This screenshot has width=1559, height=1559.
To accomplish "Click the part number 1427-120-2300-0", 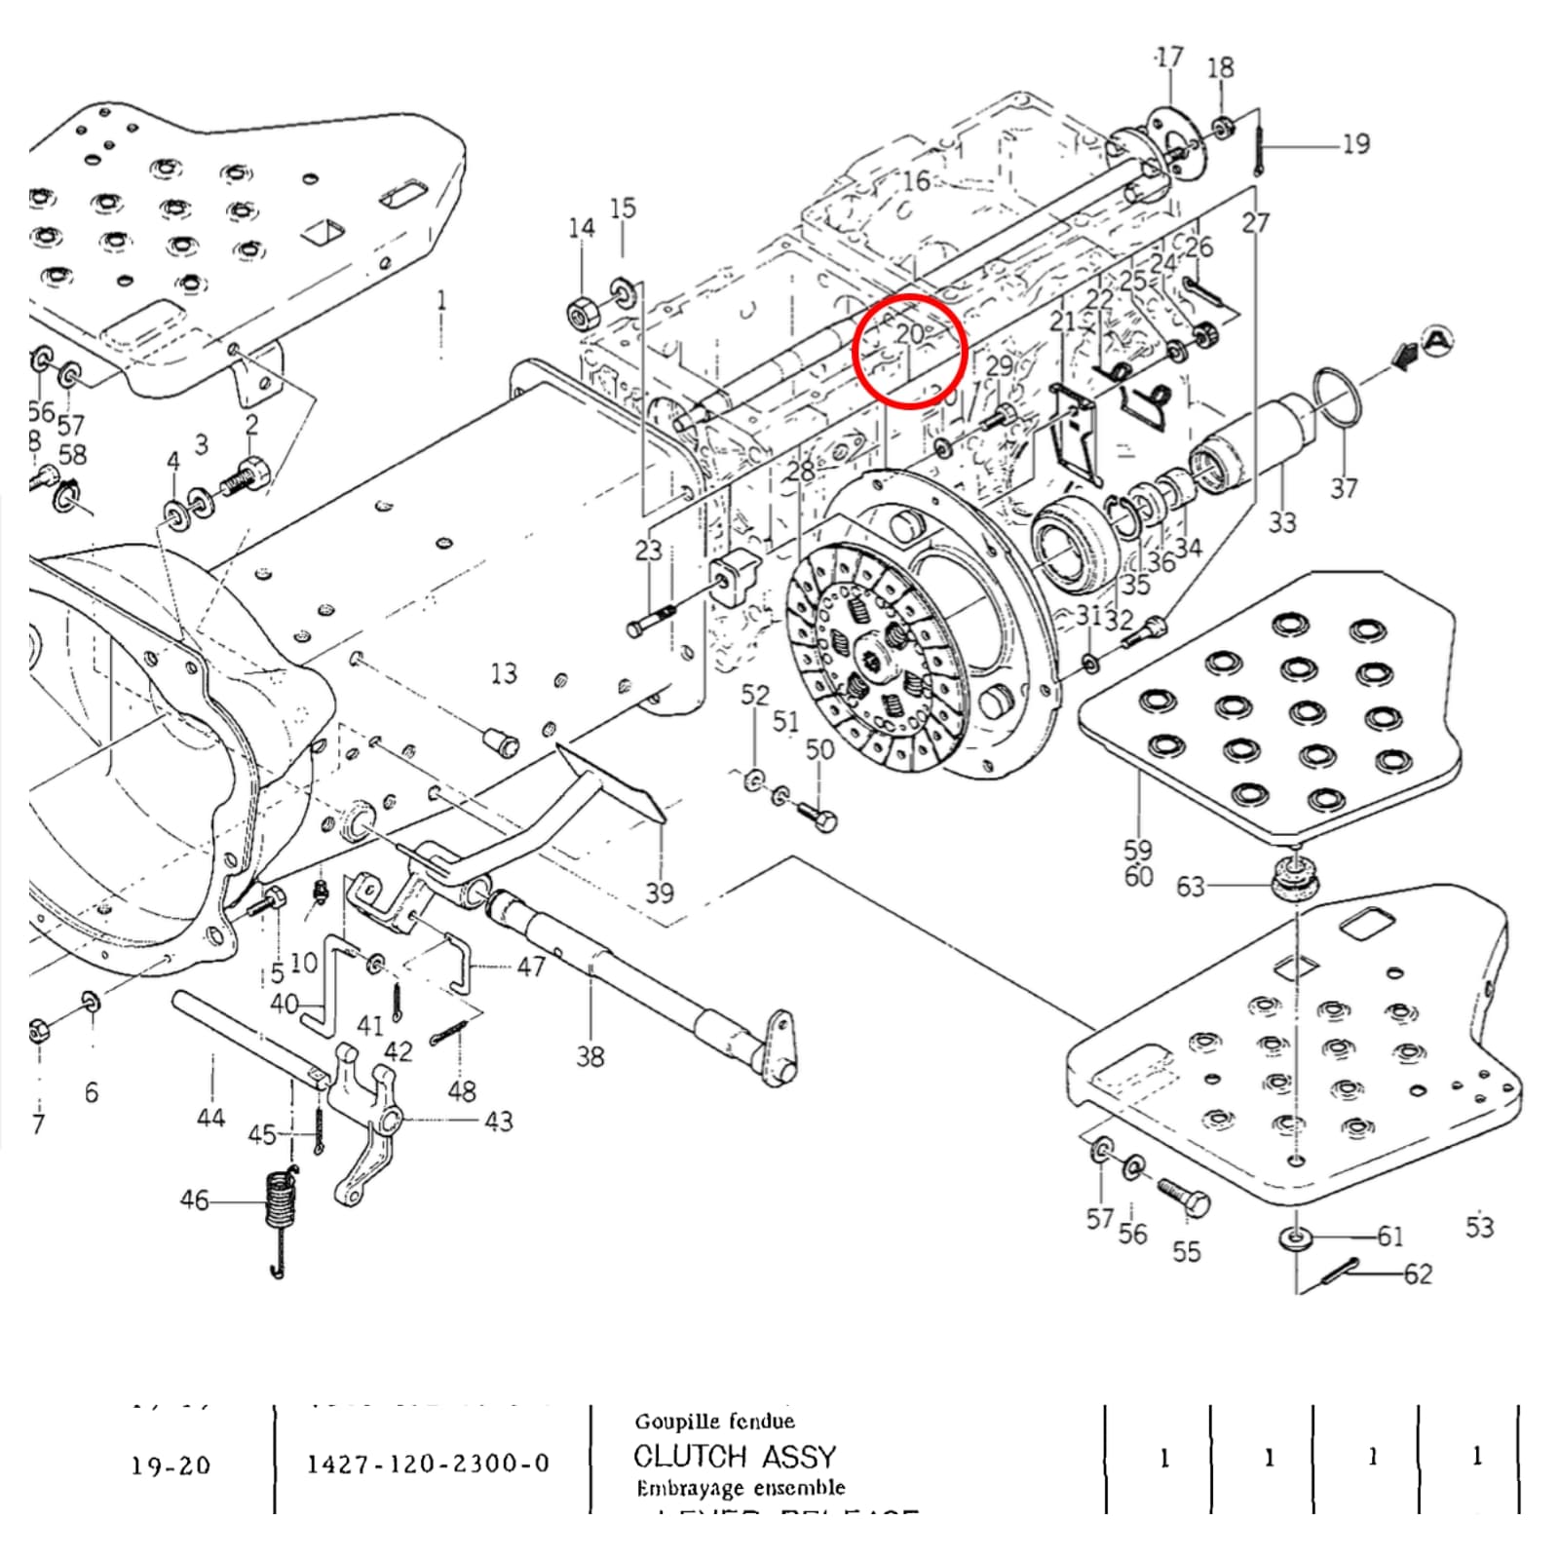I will click(x=428, y=1463).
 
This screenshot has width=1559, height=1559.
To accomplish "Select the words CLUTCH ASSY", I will click(x=735, y=1457).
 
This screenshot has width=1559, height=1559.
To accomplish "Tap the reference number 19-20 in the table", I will click(x=171, y=1464).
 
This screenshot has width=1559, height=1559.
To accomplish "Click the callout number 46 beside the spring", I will click(x=194, y=1199).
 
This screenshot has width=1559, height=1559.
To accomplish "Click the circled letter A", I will click(x=1437, y=341).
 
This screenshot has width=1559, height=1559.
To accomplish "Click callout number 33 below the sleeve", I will click(x=1281, y=523).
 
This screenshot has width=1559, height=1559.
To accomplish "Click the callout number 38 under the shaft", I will click(x=589, y=1056).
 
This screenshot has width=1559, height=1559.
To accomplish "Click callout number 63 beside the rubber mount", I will click(x=1190, y=886).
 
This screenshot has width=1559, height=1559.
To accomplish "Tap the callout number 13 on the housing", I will click(x=503, y=673).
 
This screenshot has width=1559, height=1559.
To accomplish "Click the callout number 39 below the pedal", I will click(x=660, y=893).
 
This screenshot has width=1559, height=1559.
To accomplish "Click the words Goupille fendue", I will click(x=714, y=1422).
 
